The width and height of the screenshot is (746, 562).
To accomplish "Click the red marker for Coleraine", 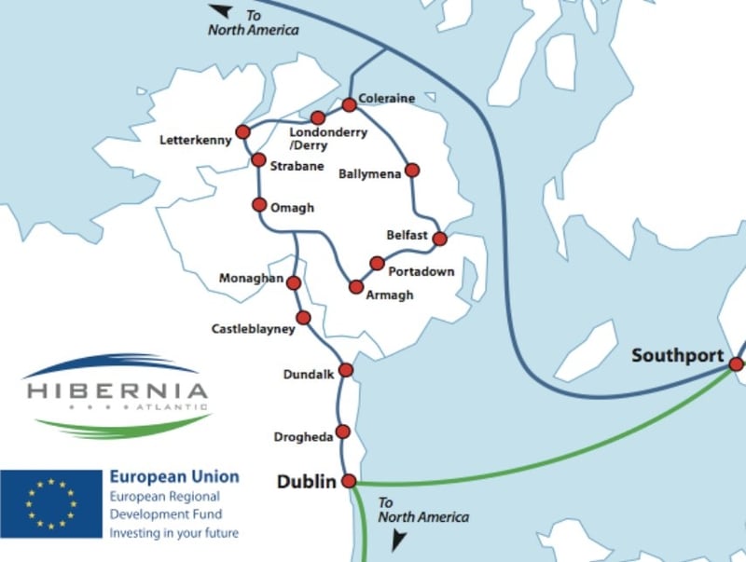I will coord(350,104).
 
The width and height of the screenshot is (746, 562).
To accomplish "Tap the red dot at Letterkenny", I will coord(243,131).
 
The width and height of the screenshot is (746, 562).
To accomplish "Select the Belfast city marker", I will coord(440,239).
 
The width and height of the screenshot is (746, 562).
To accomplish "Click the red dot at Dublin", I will coord(349,481).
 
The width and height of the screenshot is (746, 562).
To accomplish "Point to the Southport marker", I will coord(736,365).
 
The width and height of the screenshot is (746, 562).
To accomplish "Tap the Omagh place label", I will coord(292,207).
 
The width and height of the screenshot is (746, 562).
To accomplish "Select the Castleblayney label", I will coord(253,329).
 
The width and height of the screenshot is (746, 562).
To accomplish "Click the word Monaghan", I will coord(250,279).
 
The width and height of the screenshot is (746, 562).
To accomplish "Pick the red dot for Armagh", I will coord(355,287).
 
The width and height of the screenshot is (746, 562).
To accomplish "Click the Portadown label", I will coord(421,271).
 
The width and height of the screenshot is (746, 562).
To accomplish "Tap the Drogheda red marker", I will coord(342,432).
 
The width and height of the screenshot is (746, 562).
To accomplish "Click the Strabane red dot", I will coord(258,160).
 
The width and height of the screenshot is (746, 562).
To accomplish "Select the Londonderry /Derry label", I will coord(332,138).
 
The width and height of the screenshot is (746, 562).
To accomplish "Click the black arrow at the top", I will coord(220,10).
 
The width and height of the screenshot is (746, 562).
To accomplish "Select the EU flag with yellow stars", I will coord(50,503).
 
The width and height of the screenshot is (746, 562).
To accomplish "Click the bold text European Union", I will coord(173,476).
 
